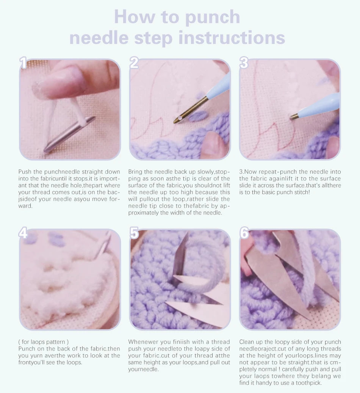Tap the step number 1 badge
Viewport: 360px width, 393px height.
point(23,63)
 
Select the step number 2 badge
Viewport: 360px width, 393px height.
point(134,63)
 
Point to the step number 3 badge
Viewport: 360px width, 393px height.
point(244,63)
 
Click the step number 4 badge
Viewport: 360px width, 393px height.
point(23,233)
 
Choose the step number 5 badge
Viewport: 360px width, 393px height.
point(134,233)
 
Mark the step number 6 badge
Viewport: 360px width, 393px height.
point(244,233)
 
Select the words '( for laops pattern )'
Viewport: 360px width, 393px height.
point(44,342)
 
